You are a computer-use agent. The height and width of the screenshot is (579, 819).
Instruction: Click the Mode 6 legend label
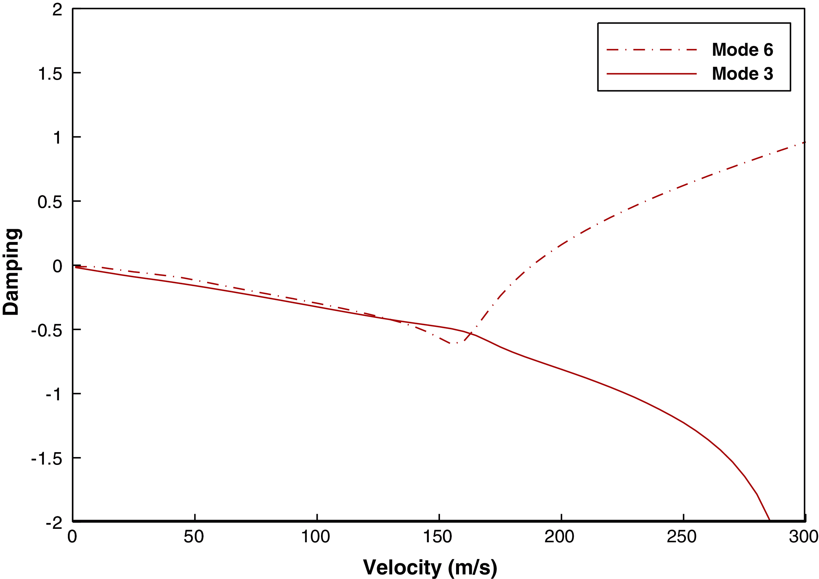click(x=742, y=50)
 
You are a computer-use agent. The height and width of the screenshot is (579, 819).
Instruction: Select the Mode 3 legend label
click(x=742, y=73)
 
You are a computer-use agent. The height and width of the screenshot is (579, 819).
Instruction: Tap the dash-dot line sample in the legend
click(x=651, y=50)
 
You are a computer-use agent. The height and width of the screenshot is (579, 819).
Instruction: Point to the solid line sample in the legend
click(x=651, y=74)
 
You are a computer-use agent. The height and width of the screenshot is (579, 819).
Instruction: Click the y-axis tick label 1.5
click(x=50, y=74)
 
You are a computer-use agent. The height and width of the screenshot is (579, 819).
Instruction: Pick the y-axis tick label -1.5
click(x=47, y=459)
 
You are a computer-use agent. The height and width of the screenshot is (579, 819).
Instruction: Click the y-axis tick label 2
click(x=57, y=10)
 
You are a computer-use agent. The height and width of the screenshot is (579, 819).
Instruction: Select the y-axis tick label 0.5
click(x=50, y=202)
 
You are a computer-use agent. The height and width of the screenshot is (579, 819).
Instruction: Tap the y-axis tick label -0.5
click(x=47, y=331)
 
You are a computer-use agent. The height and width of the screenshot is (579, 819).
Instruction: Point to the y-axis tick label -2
click(x=54, y=523)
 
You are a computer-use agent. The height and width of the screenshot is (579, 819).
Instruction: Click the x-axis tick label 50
click(x=194, y=537)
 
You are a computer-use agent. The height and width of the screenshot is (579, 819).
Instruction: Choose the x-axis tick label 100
click(x=316, y=537)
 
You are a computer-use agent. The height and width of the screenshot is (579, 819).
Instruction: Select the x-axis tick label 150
click(x=438, y=537)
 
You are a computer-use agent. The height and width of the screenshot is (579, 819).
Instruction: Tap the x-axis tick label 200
click(x=560, y=537)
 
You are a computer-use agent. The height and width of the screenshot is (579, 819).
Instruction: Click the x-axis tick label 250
click(x=682, y=537)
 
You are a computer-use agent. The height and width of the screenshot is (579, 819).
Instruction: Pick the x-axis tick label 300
click(x=804, y=537)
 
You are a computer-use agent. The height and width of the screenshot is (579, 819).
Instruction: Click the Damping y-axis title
click(x=11, y=272)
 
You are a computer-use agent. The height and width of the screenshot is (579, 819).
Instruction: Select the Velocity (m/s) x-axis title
click(x=430, y=567)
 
